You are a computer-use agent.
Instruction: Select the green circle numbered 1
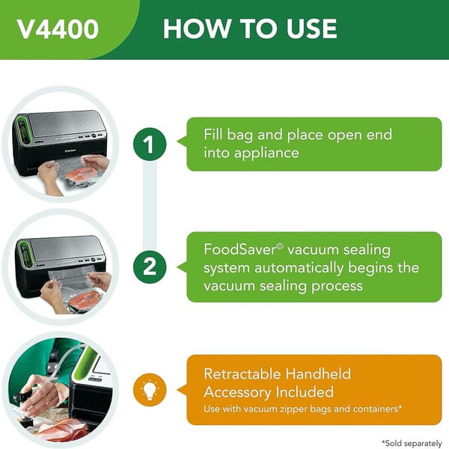[x=150, y=144]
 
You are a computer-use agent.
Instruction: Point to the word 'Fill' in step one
[x=217, y=135]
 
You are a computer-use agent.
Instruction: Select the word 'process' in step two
[x=334, y=285]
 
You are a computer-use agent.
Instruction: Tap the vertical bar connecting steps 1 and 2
[x=150, y=206]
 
